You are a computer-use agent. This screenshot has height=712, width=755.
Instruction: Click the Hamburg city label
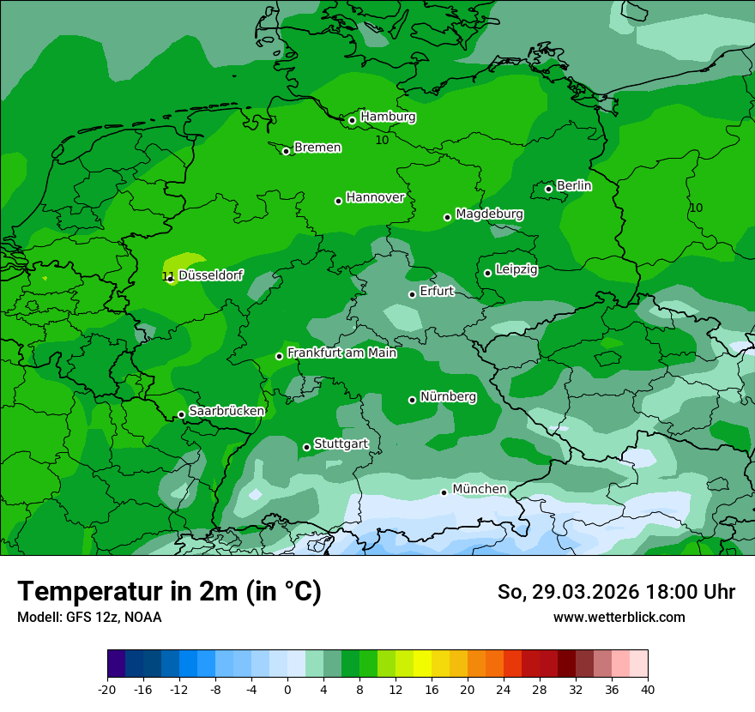388,117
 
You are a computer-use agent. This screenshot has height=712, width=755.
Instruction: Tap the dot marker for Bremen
286,151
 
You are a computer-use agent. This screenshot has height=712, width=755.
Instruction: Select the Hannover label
375,197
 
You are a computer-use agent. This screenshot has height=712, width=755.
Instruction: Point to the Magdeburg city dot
447,217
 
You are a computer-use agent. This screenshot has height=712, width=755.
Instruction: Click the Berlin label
574,185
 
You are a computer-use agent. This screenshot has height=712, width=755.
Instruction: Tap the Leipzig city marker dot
487,273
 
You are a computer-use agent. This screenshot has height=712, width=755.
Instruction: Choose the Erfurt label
437,291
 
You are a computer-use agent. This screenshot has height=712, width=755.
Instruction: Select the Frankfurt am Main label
341,353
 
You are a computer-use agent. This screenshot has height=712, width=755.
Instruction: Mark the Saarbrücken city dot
181,414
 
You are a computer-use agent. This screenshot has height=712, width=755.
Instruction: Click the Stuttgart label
341,443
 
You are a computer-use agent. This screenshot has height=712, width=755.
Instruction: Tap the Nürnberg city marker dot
412,400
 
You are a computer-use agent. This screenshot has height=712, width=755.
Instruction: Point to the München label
479,489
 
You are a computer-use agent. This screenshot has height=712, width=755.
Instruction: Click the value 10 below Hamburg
382,140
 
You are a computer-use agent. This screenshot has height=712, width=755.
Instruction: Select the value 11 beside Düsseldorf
166,276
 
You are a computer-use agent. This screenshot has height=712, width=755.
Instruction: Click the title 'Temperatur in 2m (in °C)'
169,591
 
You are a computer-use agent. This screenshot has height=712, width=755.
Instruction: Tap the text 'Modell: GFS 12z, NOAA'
89,617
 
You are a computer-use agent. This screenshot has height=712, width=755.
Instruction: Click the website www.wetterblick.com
619,617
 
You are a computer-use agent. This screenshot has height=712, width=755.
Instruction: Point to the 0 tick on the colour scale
287,689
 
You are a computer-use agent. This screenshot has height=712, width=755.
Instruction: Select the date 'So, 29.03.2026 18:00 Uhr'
616,592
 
